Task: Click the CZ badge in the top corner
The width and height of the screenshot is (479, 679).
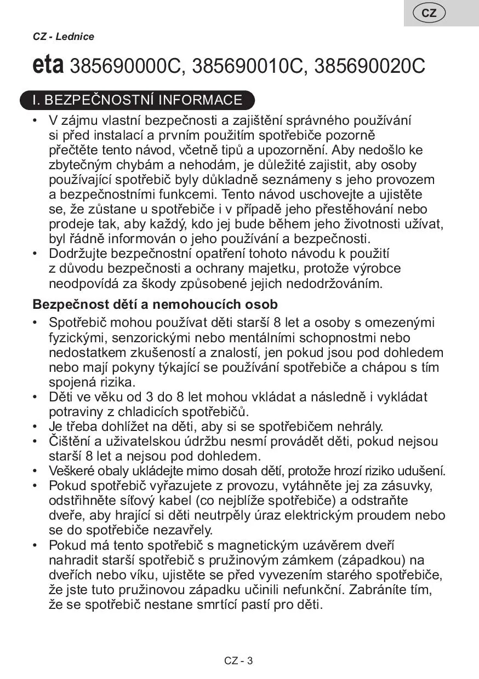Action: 429,13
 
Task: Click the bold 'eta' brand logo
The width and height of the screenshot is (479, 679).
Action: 48,66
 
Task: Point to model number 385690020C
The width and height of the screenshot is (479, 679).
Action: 370,66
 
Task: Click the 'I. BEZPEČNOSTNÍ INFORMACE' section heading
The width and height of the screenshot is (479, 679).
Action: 138,100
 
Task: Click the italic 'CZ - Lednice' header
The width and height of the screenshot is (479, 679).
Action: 64,37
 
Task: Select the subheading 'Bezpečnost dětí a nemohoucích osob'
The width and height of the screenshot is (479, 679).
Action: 155,304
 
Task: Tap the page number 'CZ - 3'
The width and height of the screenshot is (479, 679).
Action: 238,660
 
